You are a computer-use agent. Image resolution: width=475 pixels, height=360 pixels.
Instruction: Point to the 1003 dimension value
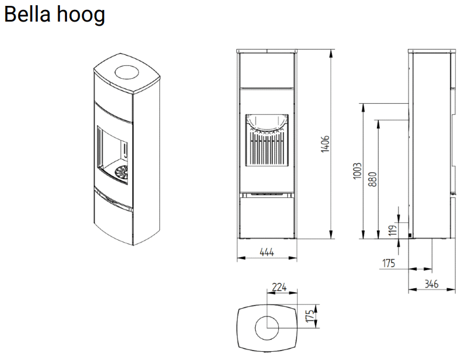[x=357, y=171]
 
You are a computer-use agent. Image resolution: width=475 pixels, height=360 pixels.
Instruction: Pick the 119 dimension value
[x=393, y=230]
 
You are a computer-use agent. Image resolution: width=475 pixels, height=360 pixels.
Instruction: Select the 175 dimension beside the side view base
[x=389, y=263]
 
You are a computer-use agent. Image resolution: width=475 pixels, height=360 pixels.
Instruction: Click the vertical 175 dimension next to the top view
[x=311, y=317]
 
